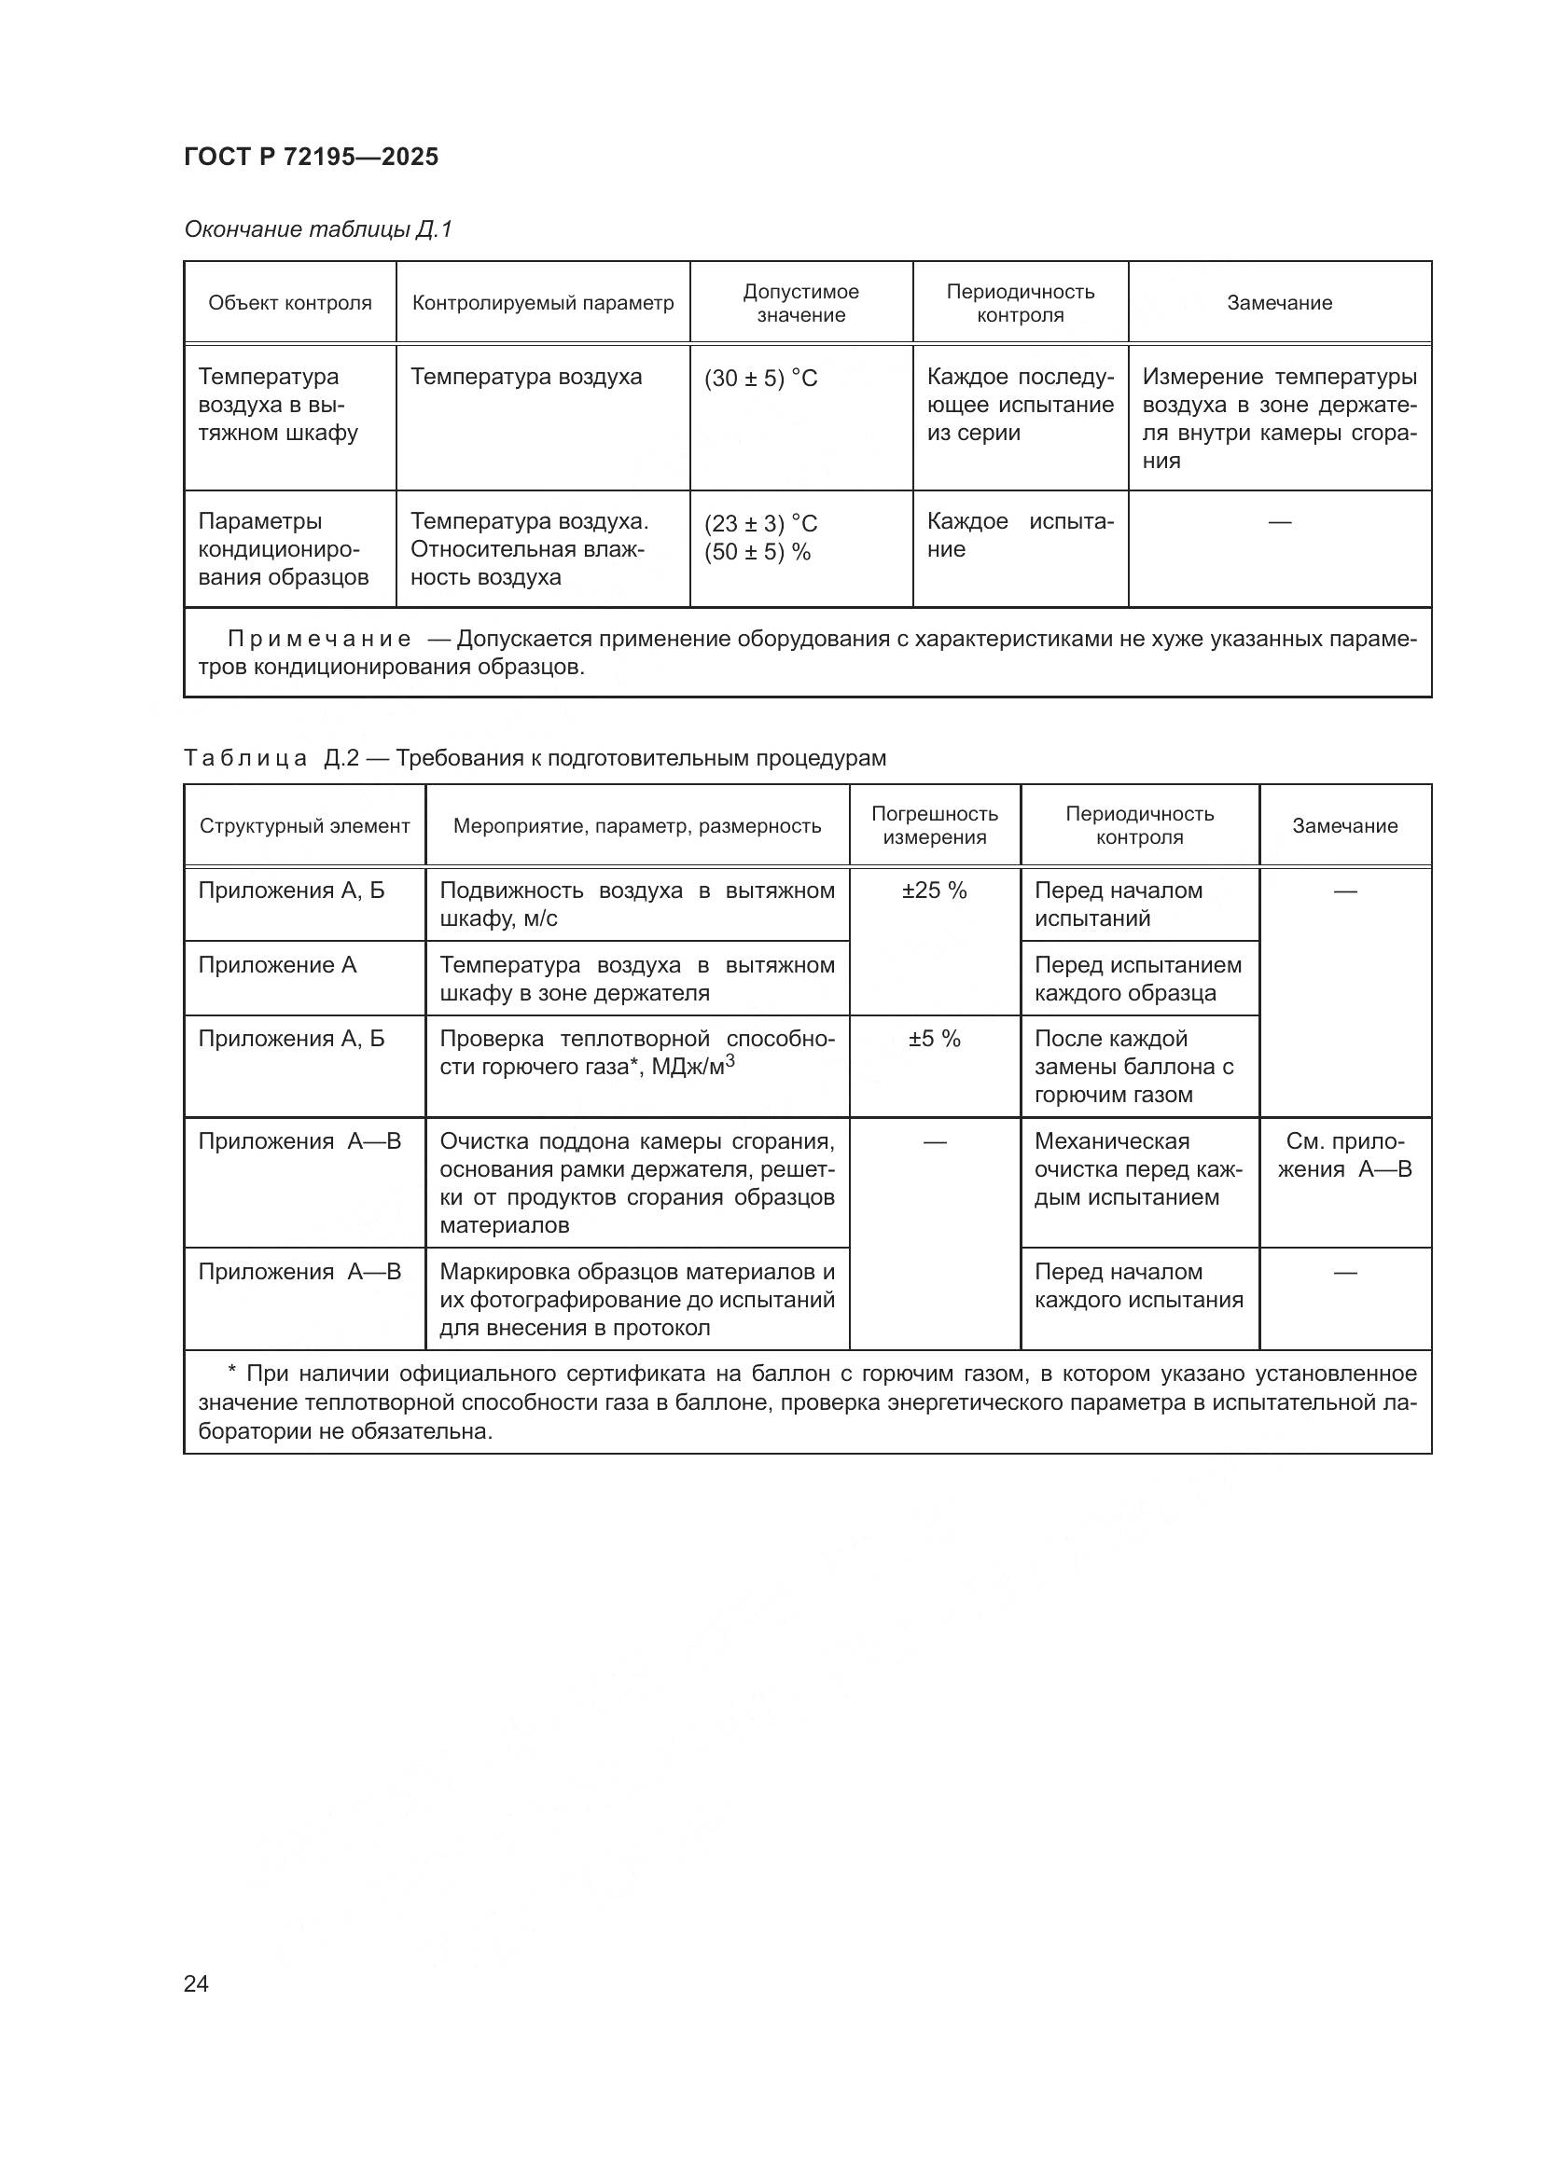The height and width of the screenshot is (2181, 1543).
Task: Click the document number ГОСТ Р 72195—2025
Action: (311, 157)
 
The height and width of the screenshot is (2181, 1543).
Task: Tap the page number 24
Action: (196, 1983)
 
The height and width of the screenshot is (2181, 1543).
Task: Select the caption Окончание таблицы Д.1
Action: (317, 229)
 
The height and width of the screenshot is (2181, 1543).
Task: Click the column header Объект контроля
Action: (290, 303)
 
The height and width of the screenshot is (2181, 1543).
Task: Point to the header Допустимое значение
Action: (800, 303)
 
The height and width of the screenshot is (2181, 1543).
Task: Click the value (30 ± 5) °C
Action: (760, 379)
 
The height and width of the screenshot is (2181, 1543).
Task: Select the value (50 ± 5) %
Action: (757, 552)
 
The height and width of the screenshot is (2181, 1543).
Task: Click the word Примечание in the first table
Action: (319, 640)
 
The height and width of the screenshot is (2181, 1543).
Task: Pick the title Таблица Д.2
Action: (271, 758)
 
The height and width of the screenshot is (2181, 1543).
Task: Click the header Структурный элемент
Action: (304, 826)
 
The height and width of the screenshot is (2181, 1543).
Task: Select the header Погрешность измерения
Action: (934, 825)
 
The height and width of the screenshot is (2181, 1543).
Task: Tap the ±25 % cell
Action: (934, 891)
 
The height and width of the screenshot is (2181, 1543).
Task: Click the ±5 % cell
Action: (934, 1039)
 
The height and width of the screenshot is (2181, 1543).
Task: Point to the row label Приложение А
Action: (276, 965)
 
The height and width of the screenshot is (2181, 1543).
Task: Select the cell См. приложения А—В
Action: (1343, 1155)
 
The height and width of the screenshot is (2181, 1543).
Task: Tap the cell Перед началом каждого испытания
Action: (1137, 1285)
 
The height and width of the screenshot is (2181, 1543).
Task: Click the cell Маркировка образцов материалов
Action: (635, 1299)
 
